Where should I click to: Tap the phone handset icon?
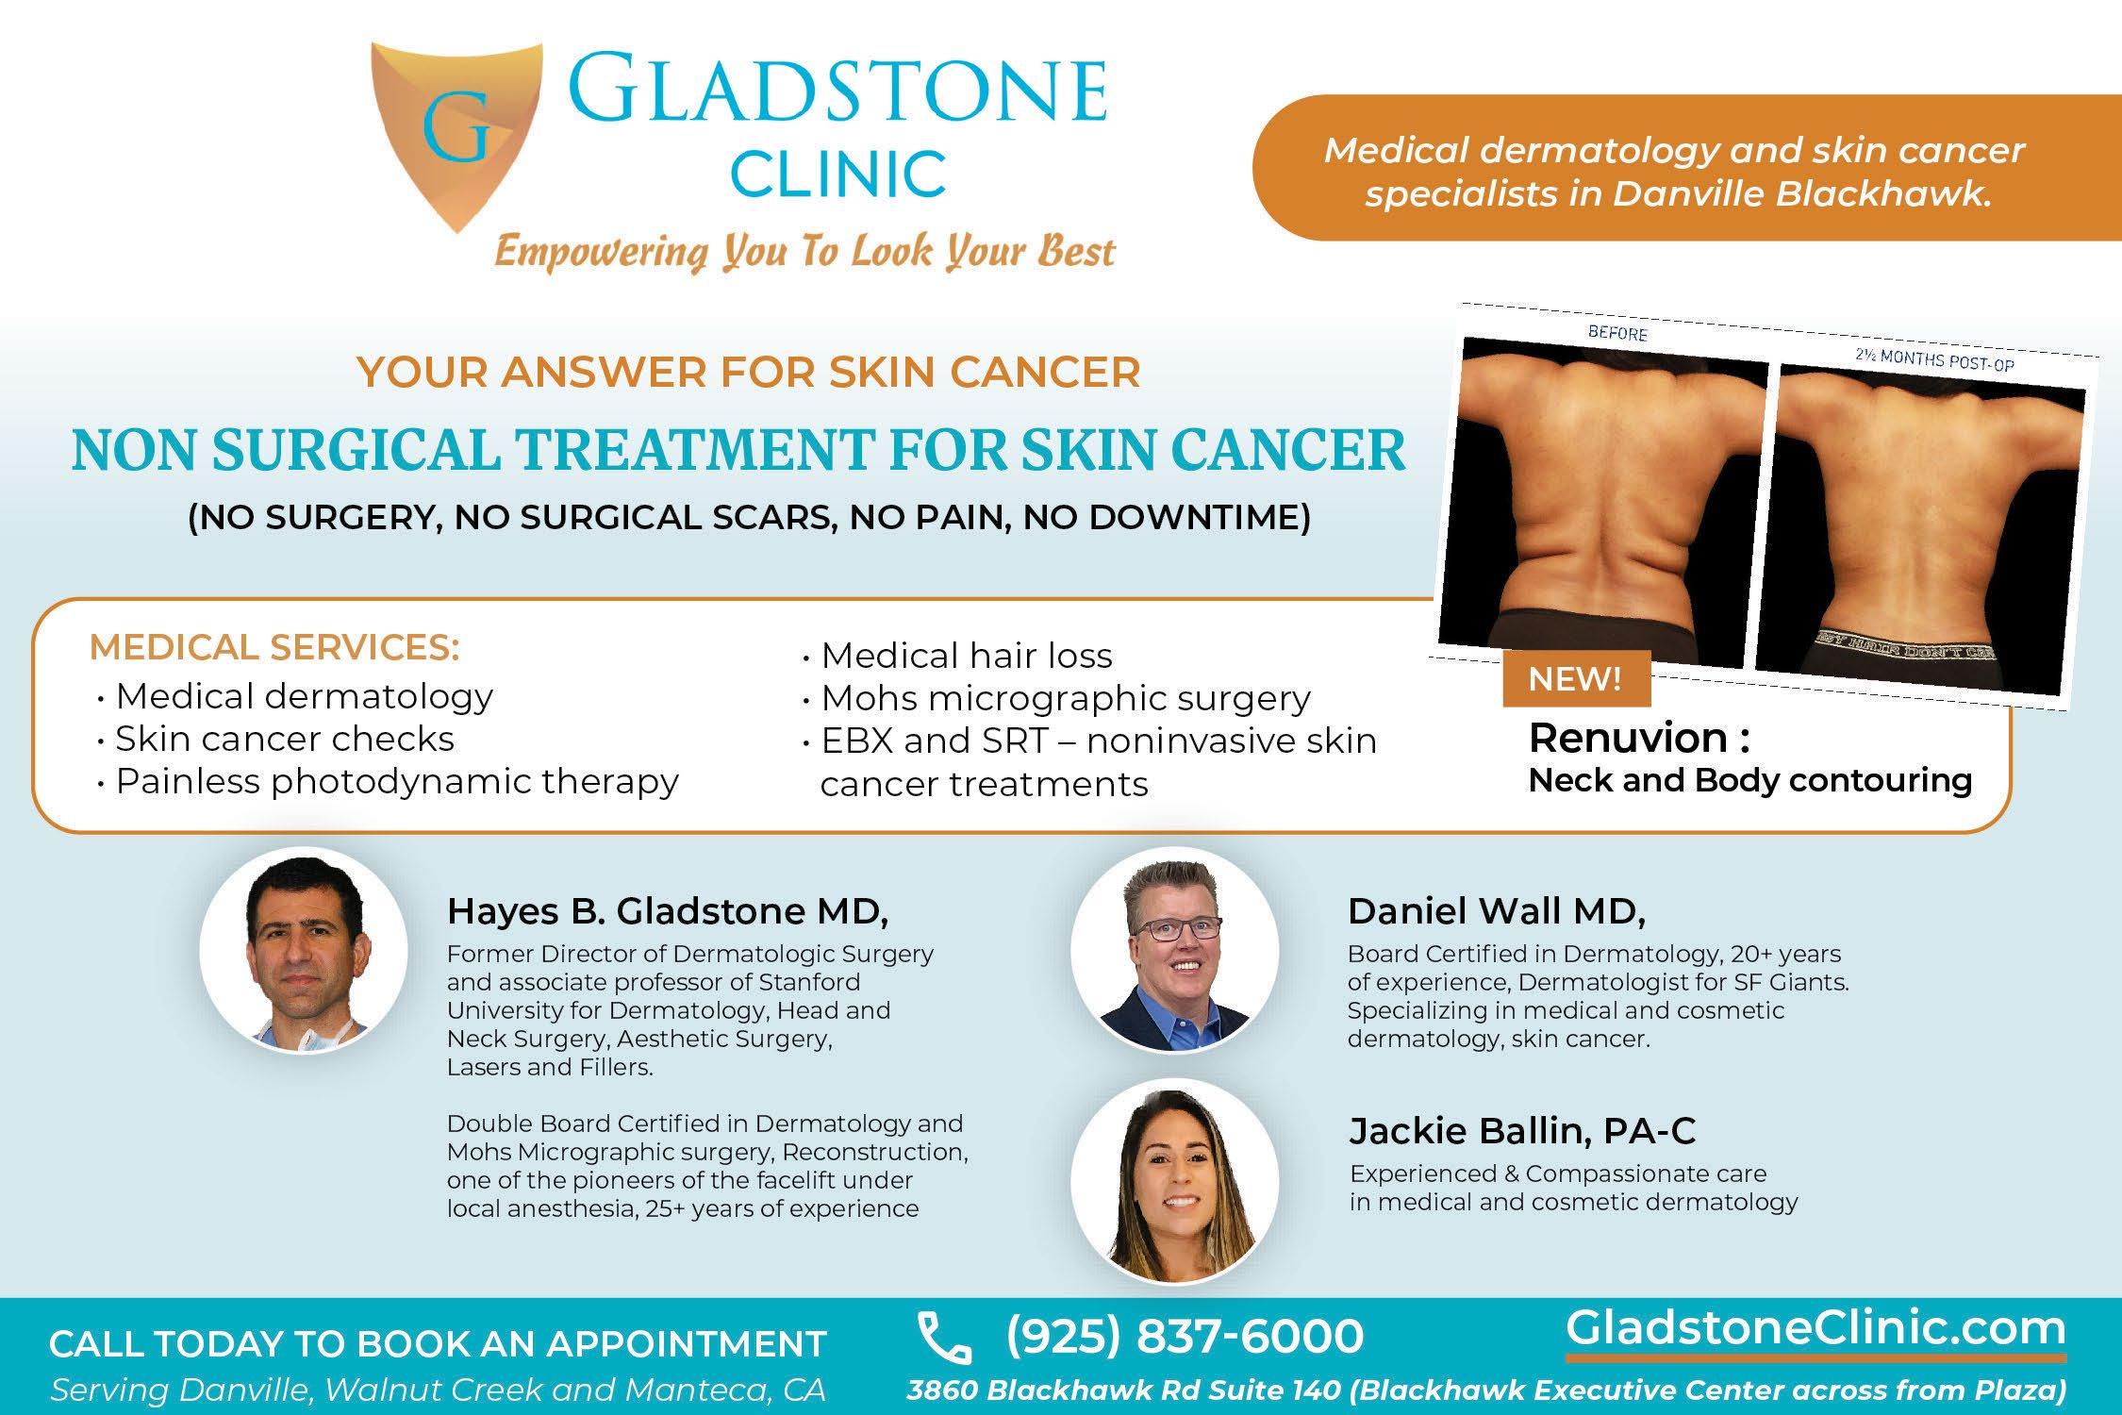pos(945,1339)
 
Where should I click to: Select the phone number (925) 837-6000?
pos(1185,1336)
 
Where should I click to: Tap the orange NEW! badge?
pos(1576,678)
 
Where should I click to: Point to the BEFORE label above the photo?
pos(1617,333)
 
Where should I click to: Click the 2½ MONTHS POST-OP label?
pos(1933,360)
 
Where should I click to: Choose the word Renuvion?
pos(1629,738)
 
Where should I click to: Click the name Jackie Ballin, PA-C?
pos(1522,1130)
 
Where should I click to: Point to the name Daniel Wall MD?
pos(1496,911)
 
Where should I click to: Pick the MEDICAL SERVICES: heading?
pos(274,647)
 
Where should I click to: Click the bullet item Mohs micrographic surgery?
pos(1056,699)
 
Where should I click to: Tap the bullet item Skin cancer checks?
pos(274,739)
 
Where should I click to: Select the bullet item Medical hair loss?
pos(956,656)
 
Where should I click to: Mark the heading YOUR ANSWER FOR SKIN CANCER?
pos(749,372)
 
